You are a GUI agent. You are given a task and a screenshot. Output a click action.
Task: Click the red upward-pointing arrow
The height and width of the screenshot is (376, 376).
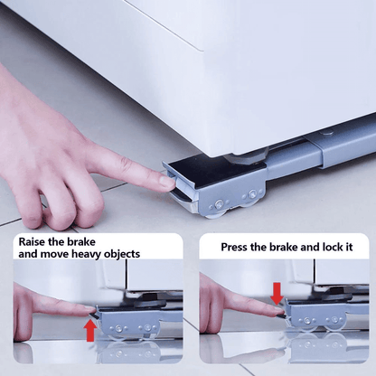(90, 331)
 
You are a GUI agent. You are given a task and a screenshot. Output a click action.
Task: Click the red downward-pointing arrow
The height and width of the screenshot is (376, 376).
(277, 294)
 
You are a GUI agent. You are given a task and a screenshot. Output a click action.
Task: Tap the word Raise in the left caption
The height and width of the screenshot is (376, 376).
(33, 241)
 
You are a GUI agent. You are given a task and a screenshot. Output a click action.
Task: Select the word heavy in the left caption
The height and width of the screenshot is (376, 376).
(87, 254)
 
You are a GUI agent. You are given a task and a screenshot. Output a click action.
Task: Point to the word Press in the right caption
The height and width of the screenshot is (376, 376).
(234, 247)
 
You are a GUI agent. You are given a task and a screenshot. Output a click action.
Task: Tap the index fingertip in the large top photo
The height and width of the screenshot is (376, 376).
(167, 183)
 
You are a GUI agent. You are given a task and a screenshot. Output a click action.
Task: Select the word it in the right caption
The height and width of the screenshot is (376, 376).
(350, 247)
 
